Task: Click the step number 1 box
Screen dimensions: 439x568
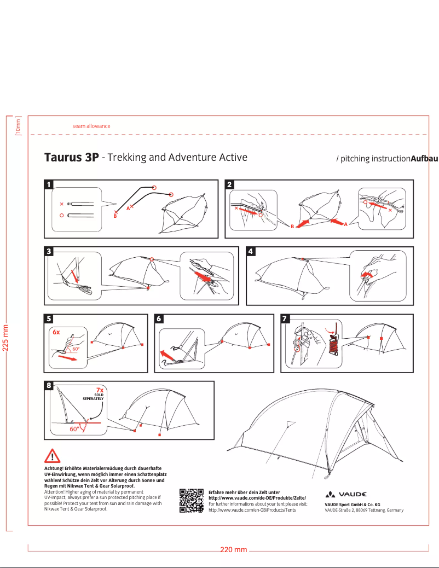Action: (x=49, y=184)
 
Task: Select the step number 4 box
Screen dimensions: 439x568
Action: (x=251, y=251)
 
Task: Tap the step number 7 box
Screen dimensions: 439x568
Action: (x=285, y=318)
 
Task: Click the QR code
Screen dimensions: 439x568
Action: (x=192, y=501)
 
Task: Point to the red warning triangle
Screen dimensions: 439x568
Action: (x=52, y=456)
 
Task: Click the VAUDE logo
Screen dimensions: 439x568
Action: (x=346, y=494)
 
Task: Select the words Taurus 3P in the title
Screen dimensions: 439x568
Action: (x=71, y=158)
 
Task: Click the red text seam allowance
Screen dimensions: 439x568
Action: (x=91, y=126)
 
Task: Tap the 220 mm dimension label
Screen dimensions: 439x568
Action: (x=233, y=549)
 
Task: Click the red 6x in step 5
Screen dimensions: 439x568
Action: (x=56, y=332)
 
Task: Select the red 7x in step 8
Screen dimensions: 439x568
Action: (x=100, y=390)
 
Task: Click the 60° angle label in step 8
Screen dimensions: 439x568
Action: (x=74, y=429)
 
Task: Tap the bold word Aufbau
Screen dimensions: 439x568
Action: (x=424, y=159)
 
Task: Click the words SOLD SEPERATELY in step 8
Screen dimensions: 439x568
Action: (x=93, y=397)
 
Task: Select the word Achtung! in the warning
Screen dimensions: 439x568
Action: (x=54, y=468)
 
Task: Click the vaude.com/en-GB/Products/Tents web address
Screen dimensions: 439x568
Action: (x=252, y=510)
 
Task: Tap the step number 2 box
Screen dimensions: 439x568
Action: (x=229, y=184)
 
